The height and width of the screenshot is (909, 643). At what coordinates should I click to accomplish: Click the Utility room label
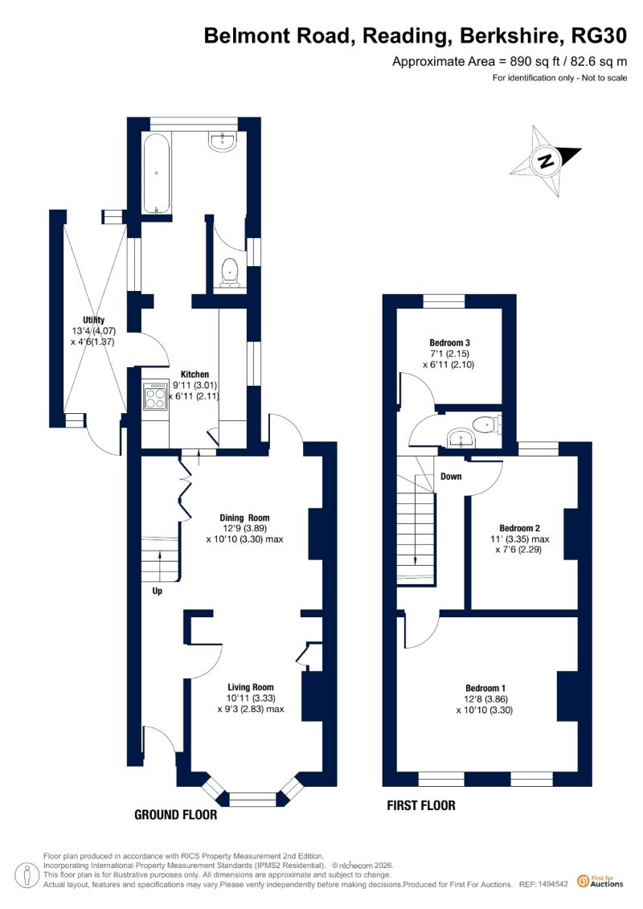(x=93, y=320)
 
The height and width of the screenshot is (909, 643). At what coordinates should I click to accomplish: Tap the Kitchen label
(x=195, y=375)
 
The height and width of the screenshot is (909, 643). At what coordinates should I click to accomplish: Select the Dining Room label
(x=244, y=518)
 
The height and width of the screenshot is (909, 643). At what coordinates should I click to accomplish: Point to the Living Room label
(x=251, y=687)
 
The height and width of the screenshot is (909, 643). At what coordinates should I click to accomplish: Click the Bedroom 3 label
(x=450, y=342)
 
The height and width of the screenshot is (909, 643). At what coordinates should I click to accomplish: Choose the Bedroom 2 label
(x=519, y=528)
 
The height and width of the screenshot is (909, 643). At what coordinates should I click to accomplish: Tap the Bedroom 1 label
(x=485, y=688)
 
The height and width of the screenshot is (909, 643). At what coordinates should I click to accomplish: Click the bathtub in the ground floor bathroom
(x=156, y=174)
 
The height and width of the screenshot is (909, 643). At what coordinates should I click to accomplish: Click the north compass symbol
(x=545, y=161)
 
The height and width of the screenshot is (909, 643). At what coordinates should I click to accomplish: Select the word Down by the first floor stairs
(x=451, y=476)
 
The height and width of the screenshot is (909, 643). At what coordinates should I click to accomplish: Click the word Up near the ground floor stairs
(x=157, y=591)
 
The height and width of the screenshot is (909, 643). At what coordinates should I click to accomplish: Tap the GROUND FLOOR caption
(x=176, y=814)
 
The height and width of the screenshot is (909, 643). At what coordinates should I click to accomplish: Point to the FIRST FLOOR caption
(x=421, y=805)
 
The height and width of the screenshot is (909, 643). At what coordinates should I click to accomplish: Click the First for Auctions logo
(x=600, y=882)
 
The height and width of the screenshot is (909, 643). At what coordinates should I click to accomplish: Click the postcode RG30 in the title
(x=599, y=36)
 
